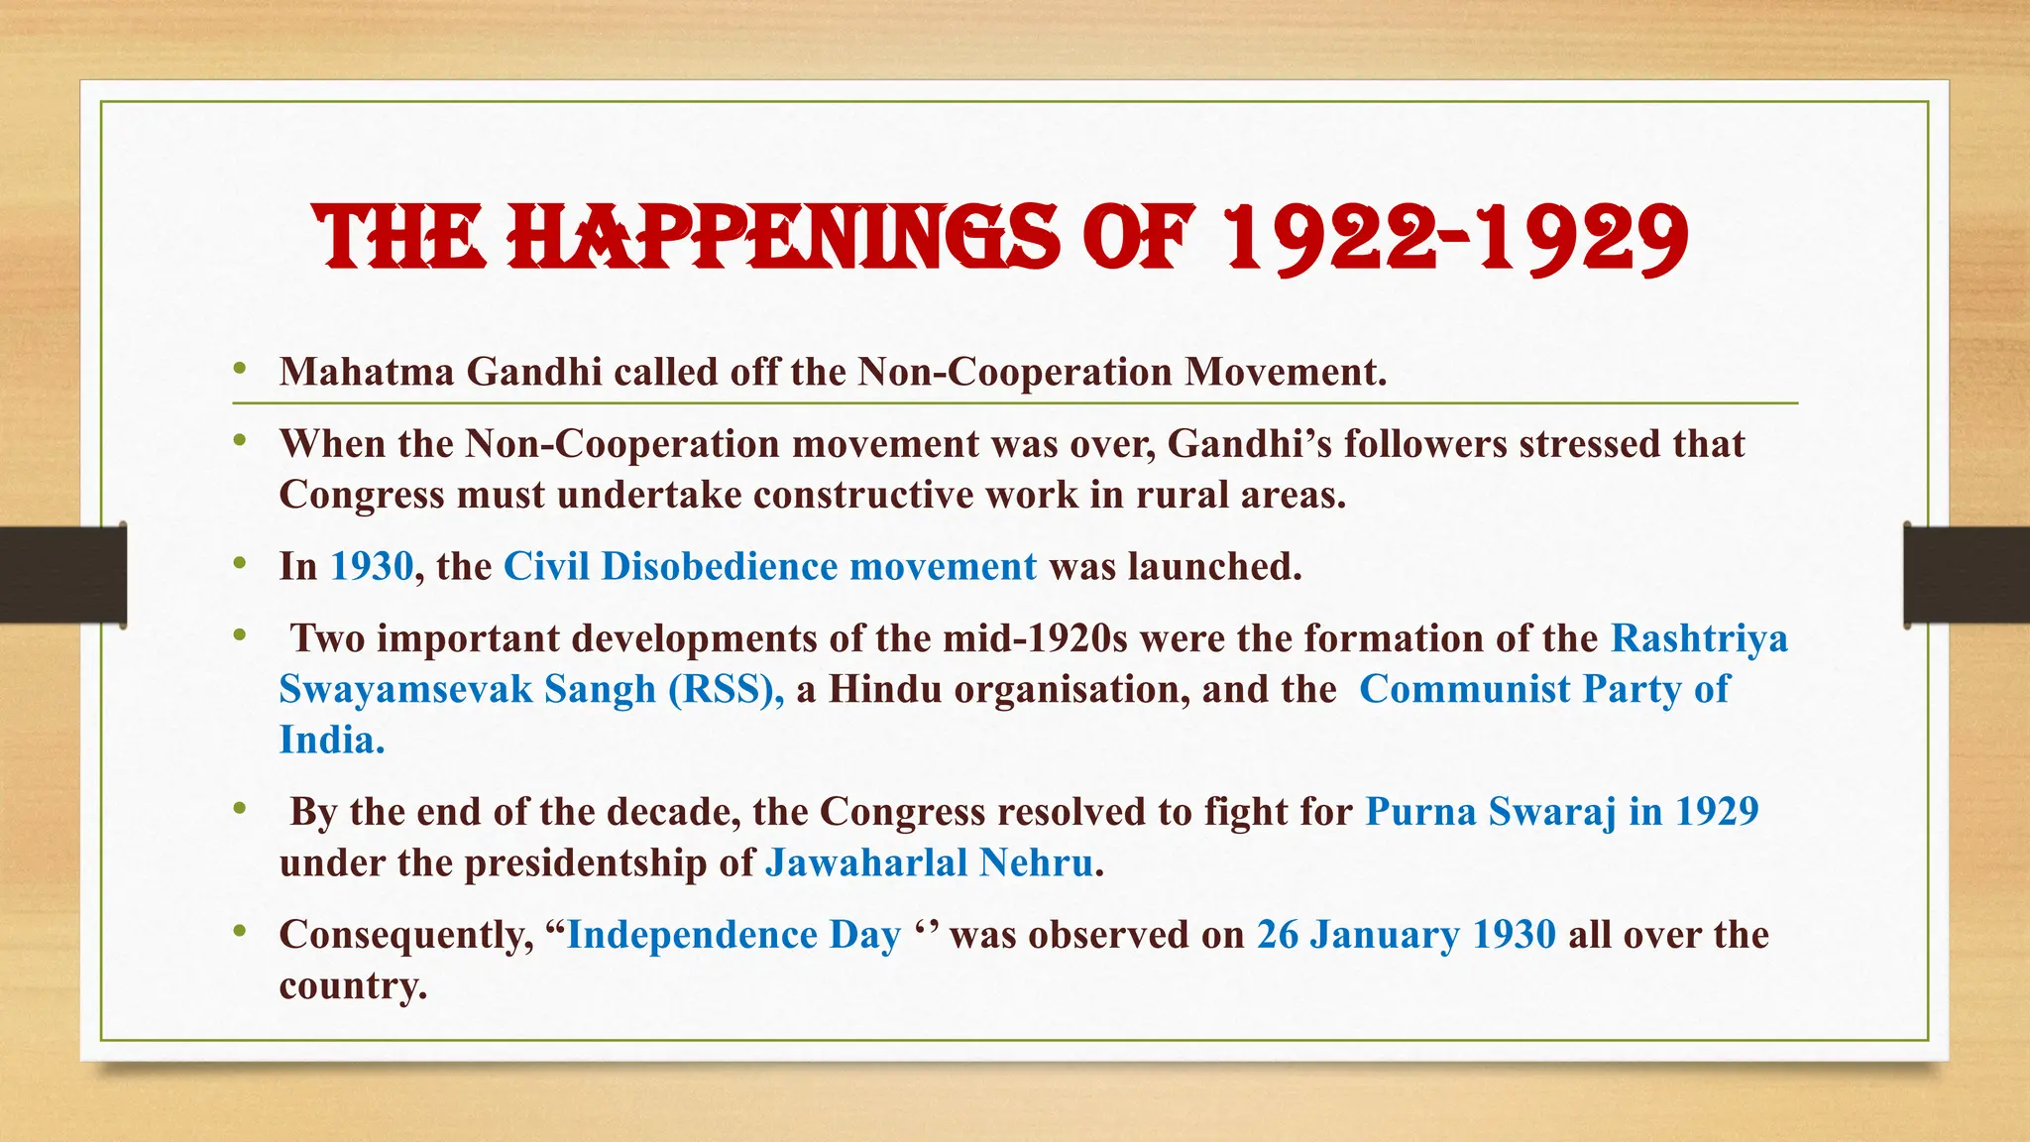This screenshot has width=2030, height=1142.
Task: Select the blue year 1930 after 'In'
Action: pyautogui.click(x=372, y=566)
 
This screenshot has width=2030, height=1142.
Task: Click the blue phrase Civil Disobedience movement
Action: pyautogui.click(x=770, y=566)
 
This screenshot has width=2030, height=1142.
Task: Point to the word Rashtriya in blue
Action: pyautogui.click(x=1699, y=637)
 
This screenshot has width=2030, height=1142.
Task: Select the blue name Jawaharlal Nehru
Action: pyautogui.click(x=930, y=862)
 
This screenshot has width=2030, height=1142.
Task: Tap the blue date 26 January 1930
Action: pyautogui.click(x=1406, y=935)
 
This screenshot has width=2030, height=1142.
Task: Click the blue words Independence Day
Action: pyautogui.click(x=733, y=935)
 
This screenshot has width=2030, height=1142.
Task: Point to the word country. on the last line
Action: pyautogui.click(x=353, y=985)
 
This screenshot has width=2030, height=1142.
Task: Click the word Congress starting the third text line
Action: pyautogui.click(x=362, y=495)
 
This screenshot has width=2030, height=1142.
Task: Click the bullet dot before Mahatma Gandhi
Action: pyautogui.click(x=239, y=370)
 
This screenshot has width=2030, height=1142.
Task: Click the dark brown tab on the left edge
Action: pyautogui.click(x=62, y=575)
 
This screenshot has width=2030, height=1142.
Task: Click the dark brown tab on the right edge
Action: pyautogui.click(x=1967, y=575)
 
